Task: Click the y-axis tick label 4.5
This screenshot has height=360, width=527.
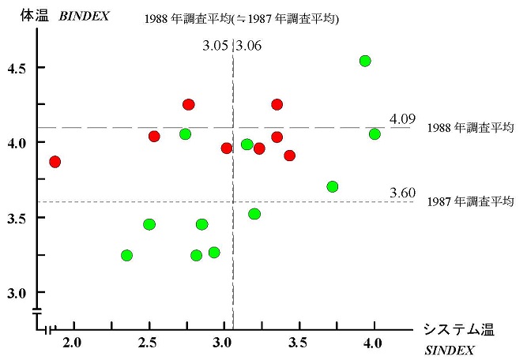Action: click(16, 69)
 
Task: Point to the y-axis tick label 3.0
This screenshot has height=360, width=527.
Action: click(16, 293)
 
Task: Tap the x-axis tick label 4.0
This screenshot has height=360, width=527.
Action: click(374, 342)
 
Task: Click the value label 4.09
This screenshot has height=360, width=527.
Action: click(401, 119)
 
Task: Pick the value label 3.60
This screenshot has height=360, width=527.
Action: click(401, 193)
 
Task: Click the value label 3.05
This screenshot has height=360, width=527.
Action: click(216, 46)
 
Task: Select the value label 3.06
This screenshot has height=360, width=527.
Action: click(249, 46)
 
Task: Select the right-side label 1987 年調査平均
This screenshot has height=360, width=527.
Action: click(471, 201)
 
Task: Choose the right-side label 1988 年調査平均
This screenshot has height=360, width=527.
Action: click(471, 127)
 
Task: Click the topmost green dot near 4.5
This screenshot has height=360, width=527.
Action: click(365, 61)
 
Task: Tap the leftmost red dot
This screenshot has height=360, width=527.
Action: click(55, 162)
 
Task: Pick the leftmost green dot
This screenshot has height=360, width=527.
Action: click(126, 255)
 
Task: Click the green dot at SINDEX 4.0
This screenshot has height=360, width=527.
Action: click(375, 134)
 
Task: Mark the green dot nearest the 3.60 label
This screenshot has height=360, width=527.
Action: click(333, 187)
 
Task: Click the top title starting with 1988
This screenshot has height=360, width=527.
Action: click(242, 19)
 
